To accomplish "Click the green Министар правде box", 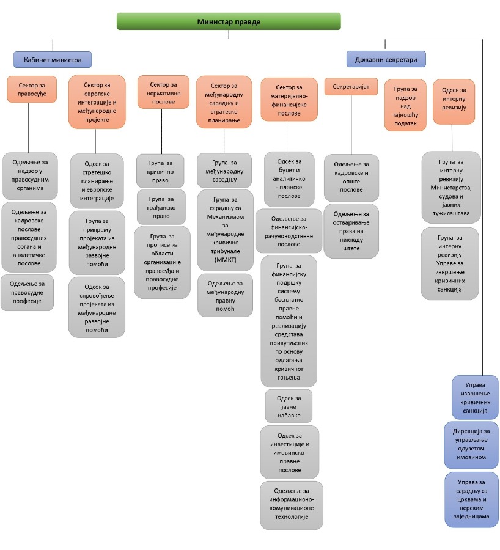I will (229, 21).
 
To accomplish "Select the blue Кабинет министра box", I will (53, 59).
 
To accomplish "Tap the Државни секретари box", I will (386, 59).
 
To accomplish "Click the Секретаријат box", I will (350, 87).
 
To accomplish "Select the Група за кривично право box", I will (160, 170).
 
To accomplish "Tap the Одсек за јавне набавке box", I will (289, 405).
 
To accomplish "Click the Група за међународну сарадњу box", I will (224, 170).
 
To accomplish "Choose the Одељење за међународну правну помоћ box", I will (225, 295).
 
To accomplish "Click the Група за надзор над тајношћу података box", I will (405, 105).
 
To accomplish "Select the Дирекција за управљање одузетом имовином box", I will (471, 444).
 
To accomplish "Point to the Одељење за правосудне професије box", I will (28, 292).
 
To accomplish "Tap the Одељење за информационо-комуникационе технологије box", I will (291, 505).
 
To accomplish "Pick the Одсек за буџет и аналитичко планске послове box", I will (289, 179).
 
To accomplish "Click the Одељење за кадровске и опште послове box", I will (351, 177).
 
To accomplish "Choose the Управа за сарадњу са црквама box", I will (471, 499).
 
